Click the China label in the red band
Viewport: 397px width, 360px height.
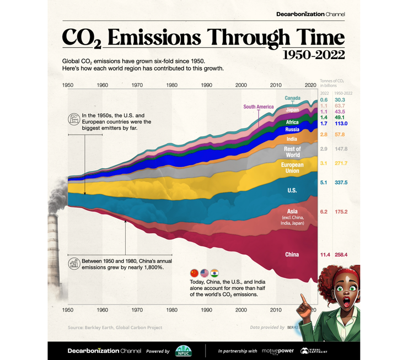point(292,254)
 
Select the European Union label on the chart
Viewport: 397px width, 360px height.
point(292,168)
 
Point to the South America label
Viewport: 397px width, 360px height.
point(258,106)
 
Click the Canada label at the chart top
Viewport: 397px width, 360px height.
point(292,98)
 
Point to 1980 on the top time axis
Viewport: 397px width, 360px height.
point(172,85)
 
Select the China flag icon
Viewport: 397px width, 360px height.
point(194,273)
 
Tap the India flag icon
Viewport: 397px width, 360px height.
point(214,273)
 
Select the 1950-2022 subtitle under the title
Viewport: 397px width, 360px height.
point(313,55)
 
